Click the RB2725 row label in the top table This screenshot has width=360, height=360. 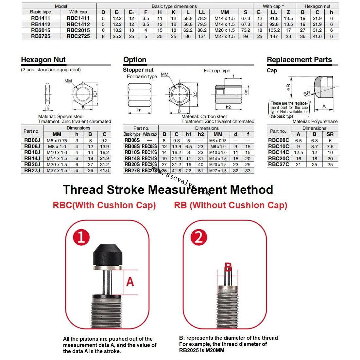click(x=41, y=36)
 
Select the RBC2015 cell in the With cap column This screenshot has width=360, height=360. click(x=78, y=30)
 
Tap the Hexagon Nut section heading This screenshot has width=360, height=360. click(x=43, y=60)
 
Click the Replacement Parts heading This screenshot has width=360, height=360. click(x=299, y=60)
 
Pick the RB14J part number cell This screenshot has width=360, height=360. click(x=32, y=158)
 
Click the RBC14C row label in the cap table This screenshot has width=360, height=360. click(x=279, y=152)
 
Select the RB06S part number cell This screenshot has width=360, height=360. click(x=132, y=140)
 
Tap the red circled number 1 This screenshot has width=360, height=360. click(x=81, y=237)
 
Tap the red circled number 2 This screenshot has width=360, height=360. click(x=198, y=237)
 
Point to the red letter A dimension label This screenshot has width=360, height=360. click(x=130, y=281)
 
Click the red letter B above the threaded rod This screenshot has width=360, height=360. click(x=228, y=267)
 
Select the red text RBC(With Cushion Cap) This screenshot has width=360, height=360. click(x=104, y=205)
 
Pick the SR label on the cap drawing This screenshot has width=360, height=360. click(x=307, y=94)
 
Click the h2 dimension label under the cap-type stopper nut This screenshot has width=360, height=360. click(x=228, y=107)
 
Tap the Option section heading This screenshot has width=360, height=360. click(x=135, y=60)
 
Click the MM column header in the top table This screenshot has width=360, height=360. click(x=225, y=12)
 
